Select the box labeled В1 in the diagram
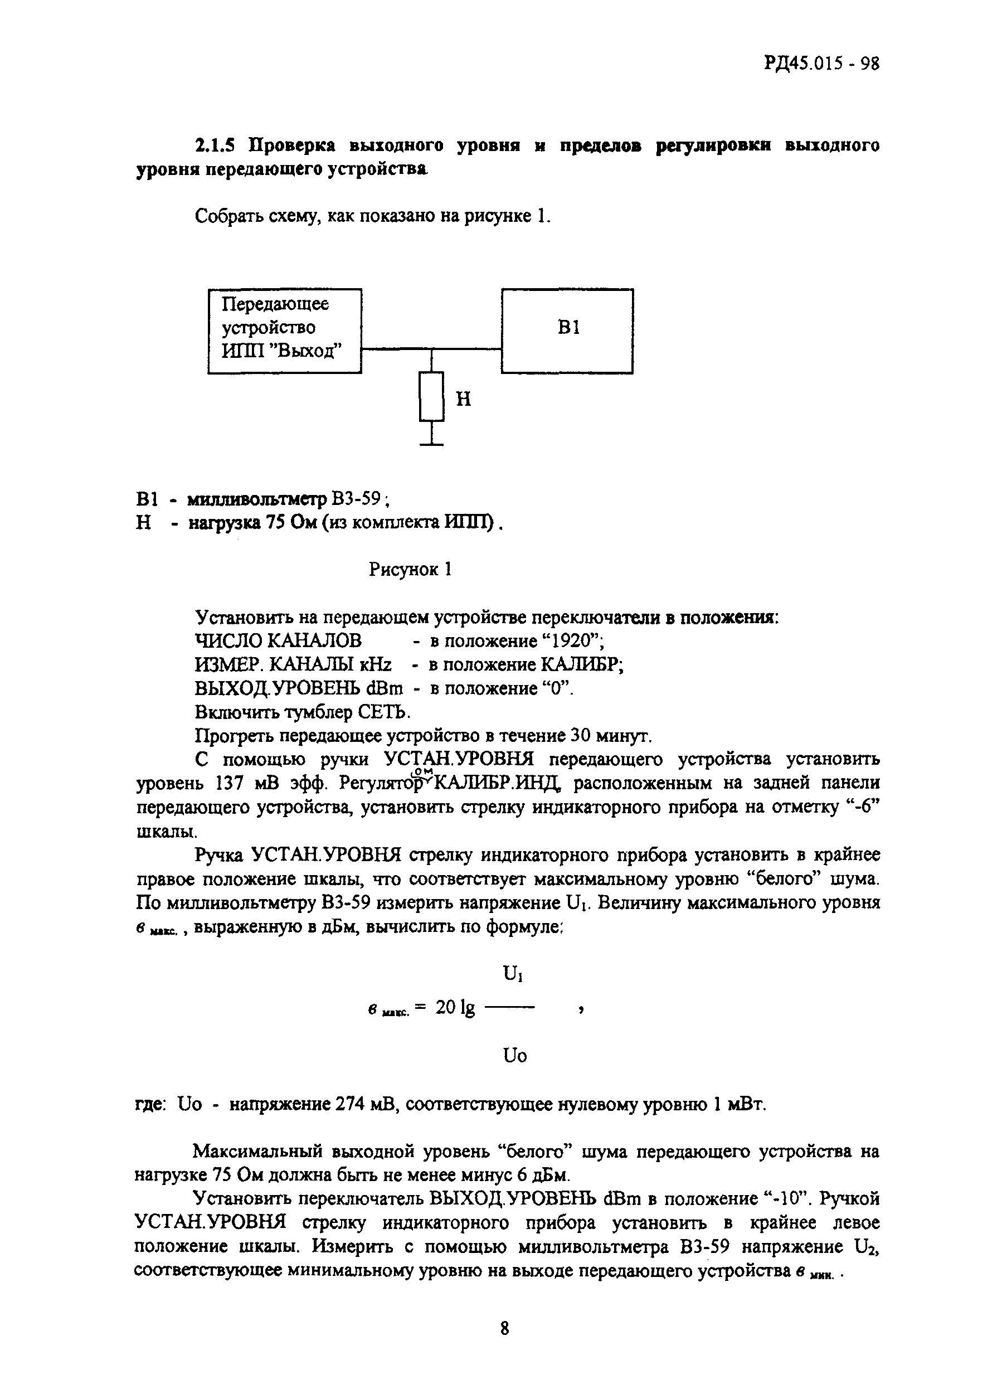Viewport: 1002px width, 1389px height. [567, 331]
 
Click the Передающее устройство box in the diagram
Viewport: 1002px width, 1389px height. [284, 331]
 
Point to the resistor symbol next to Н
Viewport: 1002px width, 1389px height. [431, 396]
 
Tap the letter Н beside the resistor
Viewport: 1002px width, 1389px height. [464, 399]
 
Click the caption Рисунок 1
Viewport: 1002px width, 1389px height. [410, 570]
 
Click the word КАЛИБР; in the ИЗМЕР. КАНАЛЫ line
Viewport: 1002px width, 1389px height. [583, 664]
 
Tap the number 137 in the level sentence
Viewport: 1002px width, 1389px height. [231, 783]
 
